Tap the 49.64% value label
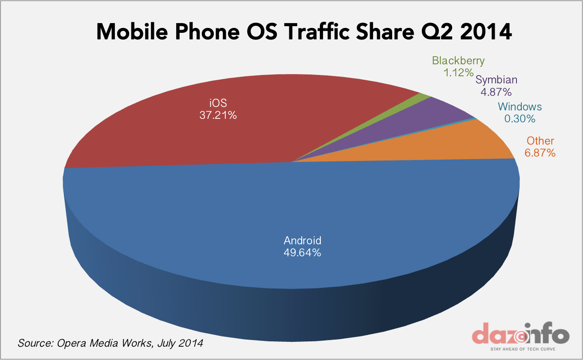(302, 253)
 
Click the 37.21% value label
(218, 115)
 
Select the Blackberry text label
(458, 61)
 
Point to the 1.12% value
(458, 72)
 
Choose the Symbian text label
(496, 80)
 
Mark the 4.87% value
(496, 92)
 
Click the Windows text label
(520, 107)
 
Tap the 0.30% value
(520, 118)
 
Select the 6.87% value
(540, 153)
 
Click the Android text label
(302, 241)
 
